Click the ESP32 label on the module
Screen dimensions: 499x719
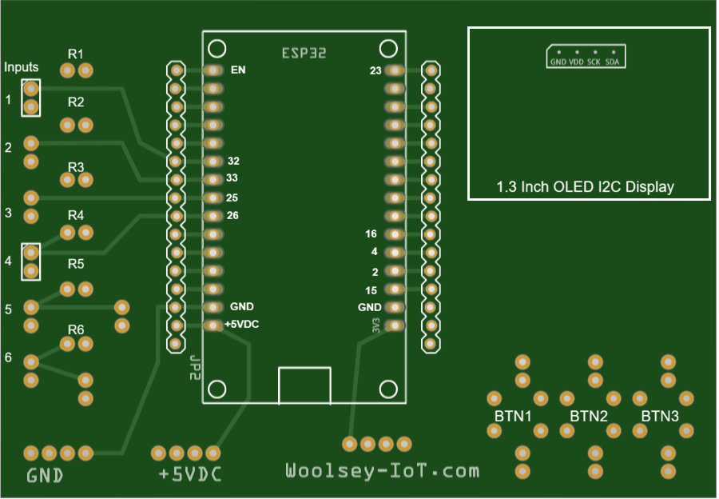(304, 53)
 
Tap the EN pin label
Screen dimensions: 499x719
(238, 70)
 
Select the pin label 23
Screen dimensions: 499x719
(375, 71)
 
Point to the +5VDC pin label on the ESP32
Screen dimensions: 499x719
(241, 325)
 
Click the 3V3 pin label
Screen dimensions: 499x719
(375, 325)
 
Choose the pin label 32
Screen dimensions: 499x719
(233, 161)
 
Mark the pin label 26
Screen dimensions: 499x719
(233, 216)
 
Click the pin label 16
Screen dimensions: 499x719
(371, 234)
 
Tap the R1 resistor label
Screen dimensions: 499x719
(76, 54)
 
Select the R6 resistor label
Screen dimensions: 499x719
(76, 329)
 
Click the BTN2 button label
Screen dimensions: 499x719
(589, 417)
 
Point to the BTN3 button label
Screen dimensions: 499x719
(660, 417)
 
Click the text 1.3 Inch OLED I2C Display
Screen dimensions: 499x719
(585, 187)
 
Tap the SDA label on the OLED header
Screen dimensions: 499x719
(612, 62)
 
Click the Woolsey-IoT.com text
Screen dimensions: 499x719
(383, 471)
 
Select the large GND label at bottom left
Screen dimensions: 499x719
(46, 476)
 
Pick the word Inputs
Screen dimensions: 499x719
(22, 67)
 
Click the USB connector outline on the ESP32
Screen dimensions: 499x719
(304, 385)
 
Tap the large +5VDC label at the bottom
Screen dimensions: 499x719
(190, 475)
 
